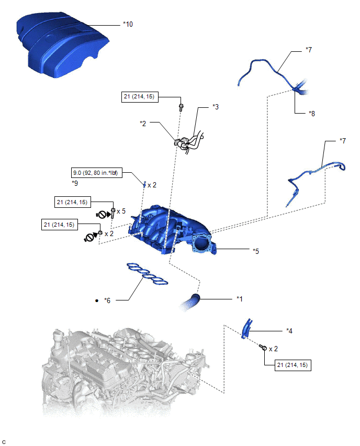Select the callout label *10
[128, 24]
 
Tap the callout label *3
[215, 107]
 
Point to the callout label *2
[143, 124]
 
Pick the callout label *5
[256, 251]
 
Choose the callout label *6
[107, 300]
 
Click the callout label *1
[240, 299]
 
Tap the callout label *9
[75, 183]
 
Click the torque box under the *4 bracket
[292, 365]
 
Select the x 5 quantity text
[121, 211]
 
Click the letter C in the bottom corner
[4, 441]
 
